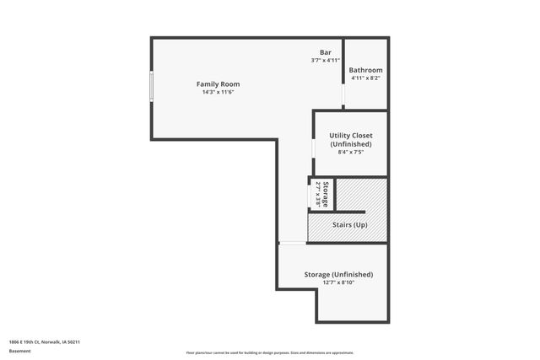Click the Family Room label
(218, 84)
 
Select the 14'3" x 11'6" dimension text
(218, 93)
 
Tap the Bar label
(325, 52)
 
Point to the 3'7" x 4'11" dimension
(325, 61)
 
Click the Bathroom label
(366, 70)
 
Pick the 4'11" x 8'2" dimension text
(366, 78)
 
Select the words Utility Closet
(351, 135)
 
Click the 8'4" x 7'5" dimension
(351, 153)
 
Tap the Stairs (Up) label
(350, 225)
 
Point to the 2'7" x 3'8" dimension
(318, 194)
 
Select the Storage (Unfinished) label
(338, 275)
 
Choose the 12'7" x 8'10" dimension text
(338, 283)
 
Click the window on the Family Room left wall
(151, 87)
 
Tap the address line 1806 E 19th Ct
(44, 342)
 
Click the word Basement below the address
(19, 352)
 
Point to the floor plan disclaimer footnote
(269, 352)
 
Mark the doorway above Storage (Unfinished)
(293, 244)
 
